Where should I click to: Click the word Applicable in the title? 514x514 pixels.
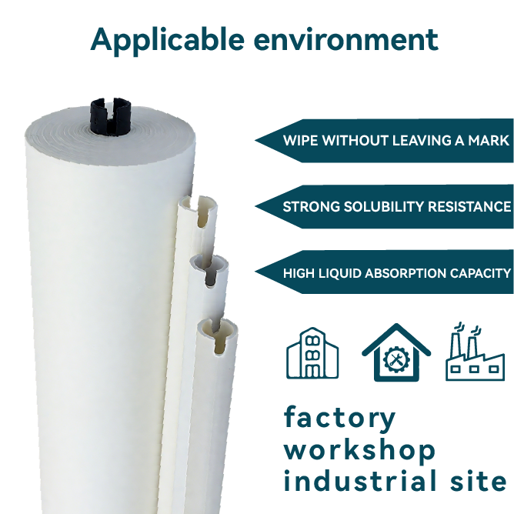coord(165,38)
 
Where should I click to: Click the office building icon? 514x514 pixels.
coord(312,354)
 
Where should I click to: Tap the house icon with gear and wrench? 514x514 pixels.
coord(396,354)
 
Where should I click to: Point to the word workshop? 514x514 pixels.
coord(359,450)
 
